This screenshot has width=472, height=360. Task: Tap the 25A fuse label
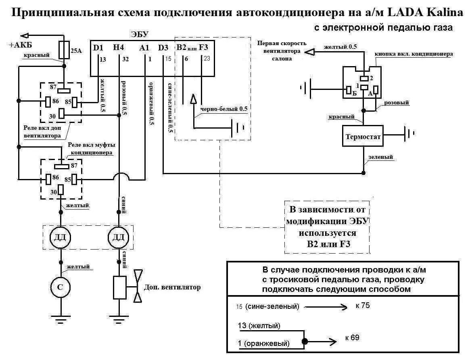click(76, 50)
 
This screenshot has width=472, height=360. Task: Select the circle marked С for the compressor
click(60, 287)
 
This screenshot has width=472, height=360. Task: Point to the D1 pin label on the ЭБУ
click(98, 48)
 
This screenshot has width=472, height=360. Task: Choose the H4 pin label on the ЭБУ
click(119, 48)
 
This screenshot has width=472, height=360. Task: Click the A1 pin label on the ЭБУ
click(144, 48)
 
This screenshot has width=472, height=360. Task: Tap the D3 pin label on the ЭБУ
click(163, 48)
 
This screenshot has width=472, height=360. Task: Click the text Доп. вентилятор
click(172, 287)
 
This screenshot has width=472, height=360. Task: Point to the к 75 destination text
click(363, 306)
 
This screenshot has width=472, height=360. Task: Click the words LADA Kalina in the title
click(425, 12)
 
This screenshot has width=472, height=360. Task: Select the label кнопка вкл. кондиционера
click(414, 54)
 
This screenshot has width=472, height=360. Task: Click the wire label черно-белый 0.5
click(221, 109)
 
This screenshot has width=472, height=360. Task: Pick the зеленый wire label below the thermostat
click(381, 157)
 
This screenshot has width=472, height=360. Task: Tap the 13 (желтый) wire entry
click(259, 325)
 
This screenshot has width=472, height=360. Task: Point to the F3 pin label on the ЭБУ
click(204, 48)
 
